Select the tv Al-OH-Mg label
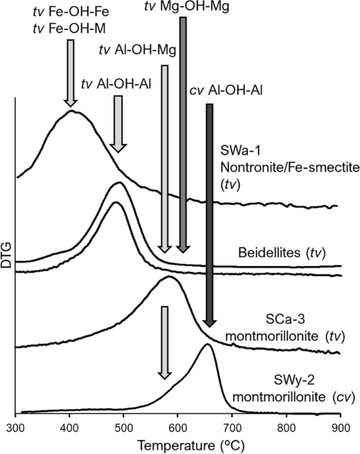click(138, 50)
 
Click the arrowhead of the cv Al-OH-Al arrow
click(209, 322)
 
